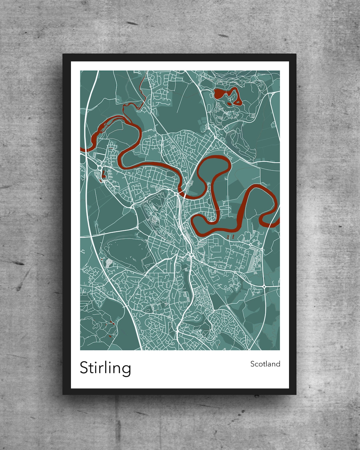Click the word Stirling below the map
coord(105,368)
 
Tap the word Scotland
coord(265,364)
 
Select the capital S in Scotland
coord(253,364)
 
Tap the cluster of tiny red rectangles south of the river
coord(230,236)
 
